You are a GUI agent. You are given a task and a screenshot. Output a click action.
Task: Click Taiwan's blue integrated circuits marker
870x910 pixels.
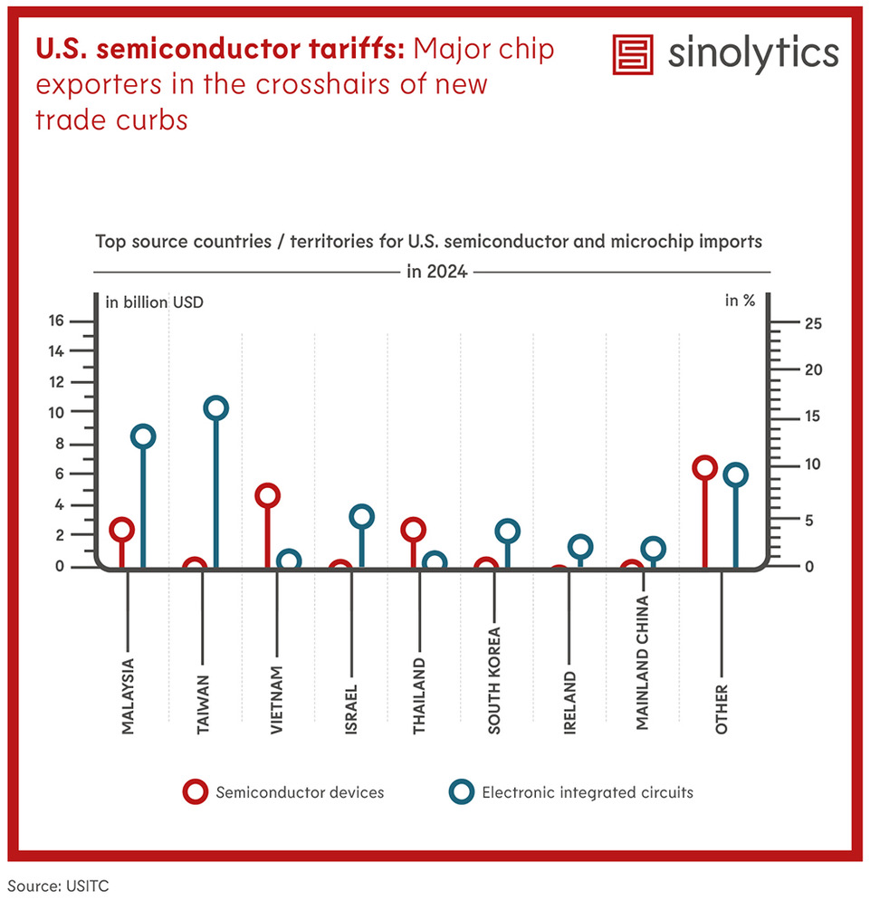pos(215,408)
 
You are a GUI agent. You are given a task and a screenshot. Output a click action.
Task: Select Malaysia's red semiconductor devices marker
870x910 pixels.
pos(122,530)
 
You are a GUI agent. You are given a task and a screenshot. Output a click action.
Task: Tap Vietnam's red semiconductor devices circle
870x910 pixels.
pos(267,495)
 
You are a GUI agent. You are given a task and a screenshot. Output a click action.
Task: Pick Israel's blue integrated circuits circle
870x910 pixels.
pos(361,517)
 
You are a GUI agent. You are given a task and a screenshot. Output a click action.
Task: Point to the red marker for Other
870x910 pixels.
pos(704,468)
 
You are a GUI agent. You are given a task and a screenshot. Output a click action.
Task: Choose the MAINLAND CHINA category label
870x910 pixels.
pos(642,650)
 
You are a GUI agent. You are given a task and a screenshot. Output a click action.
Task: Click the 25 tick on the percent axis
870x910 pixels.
pos(811,324)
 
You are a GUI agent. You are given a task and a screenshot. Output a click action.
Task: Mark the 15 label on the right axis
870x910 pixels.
pos(811,417)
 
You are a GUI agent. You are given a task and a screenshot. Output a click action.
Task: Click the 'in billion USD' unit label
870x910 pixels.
pos(155,302)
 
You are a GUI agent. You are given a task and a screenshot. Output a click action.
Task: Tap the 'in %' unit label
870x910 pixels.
pos(740,302)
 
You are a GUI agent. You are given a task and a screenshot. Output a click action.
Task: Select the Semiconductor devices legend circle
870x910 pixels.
pos(195,792)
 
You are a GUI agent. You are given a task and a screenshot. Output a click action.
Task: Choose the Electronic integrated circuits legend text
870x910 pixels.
pos(588,792)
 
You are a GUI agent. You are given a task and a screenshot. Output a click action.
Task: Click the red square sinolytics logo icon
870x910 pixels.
pos(633,54)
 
